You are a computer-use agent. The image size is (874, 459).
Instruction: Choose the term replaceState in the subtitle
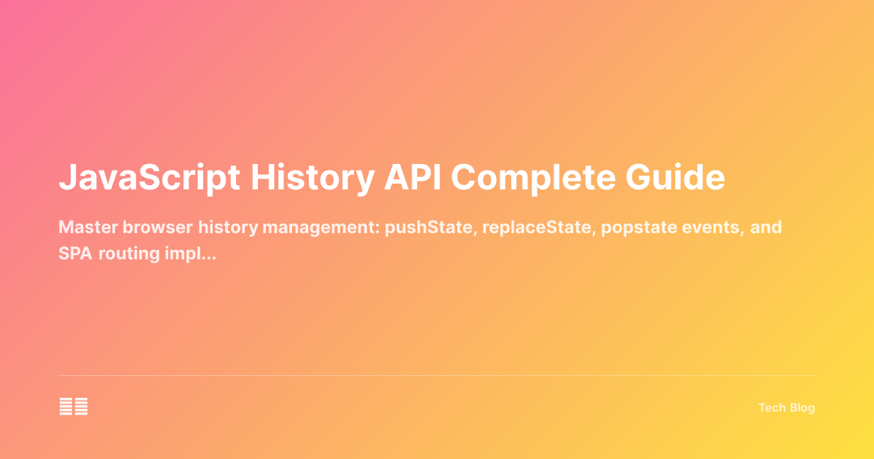pyautogui.click(x=513, y=227)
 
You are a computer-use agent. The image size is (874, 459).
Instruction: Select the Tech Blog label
pyautogui.click(x=787, y=408)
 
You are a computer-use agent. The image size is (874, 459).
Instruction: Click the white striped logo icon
pyautogui.click(x=74, y=407)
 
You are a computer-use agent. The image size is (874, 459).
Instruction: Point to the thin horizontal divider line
pyautogui.click(x=437, y=376)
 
